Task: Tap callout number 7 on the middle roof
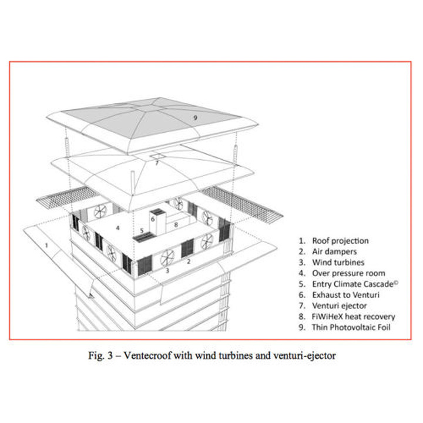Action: [x=157, y=163]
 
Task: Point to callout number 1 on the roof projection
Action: [x=46, y=244]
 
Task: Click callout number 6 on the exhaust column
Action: [x=152, y=219]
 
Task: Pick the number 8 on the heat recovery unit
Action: [x=176, y=224]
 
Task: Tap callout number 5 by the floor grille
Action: [x=142, y=230]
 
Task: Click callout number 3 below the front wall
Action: [x=167, y=271]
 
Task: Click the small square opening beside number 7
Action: [x=157, y=157]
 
